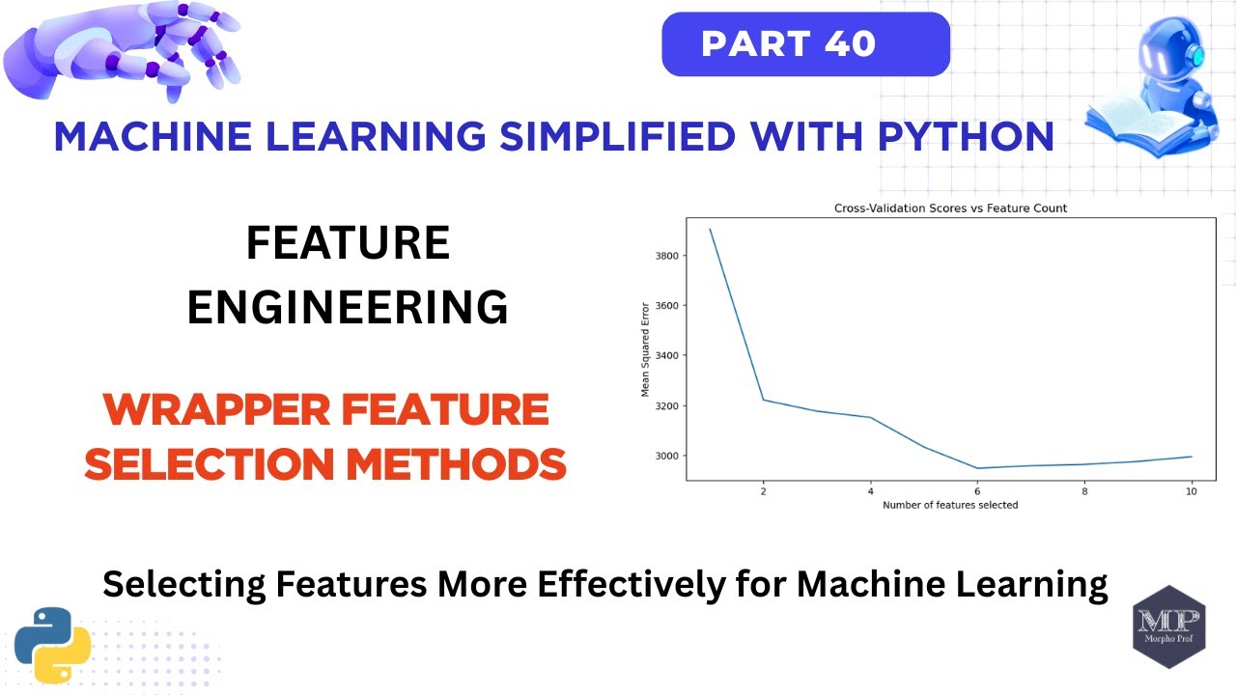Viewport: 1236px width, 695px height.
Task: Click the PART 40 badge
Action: pyautogui.click(x=805, y=44)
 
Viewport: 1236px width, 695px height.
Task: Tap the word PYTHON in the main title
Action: pyautogui.click(x=965, y=136)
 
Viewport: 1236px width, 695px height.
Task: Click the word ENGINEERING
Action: pyautogui.click(x=347, y=307)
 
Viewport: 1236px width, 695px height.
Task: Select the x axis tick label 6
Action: pyautogui.click(x=977, y=491)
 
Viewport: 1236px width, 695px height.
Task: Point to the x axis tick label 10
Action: pyautogui.click(x=1191, y=491)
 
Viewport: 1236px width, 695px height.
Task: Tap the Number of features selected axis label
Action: pyautogui.click(x=949, y=505)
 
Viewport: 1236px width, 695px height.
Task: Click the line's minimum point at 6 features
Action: pyautogui.click(x=977, y=468)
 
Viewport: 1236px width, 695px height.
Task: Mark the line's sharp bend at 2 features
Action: pyautogui.click(x=764, y=400)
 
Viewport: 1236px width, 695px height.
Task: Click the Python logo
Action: pyautogui.click(x=52, y=645)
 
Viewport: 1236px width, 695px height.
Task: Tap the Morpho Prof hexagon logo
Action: pyautogui.click(x=1168, y=625)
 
